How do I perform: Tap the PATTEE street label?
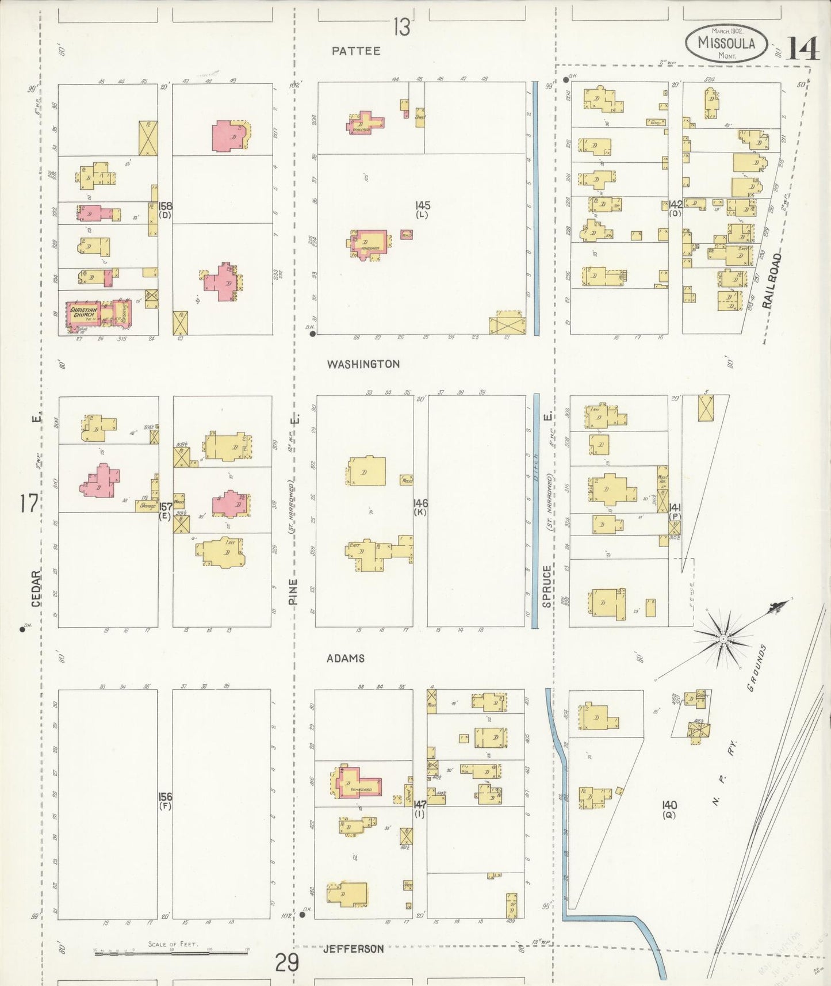356,51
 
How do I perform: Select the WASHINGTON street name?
363,364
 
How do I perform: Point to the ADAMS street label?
345,658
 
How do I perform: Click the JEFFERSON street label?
353,949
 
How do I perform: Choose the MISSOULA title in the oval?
726,42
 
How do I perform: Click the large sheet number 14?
802,48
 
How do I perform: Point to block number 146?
420,503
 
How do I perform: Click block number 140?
669,805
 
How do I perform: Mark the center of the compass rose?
723,639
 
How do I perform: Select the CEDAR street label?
36,588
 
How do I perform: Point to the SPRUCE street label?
546,586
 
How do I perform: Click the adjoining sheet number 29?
286,962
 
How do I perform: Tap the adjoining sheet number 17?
28,504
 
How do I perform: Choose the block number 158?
166,206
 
